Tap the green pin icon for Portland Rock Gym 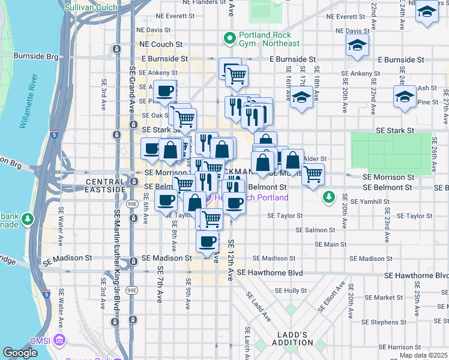[x=229, y=39]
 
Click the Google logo [x=20, y=353]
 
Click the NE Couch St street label [x=160, y=44]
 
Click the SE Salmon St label [x=315, y=230]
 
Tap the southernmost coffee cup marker [x=208, y=241]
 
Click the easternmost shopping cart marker [x=313, y=175]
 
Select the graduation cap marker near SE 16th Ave [x=301, y=98]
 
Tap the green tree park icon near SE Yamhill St [x=328, y=197]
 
